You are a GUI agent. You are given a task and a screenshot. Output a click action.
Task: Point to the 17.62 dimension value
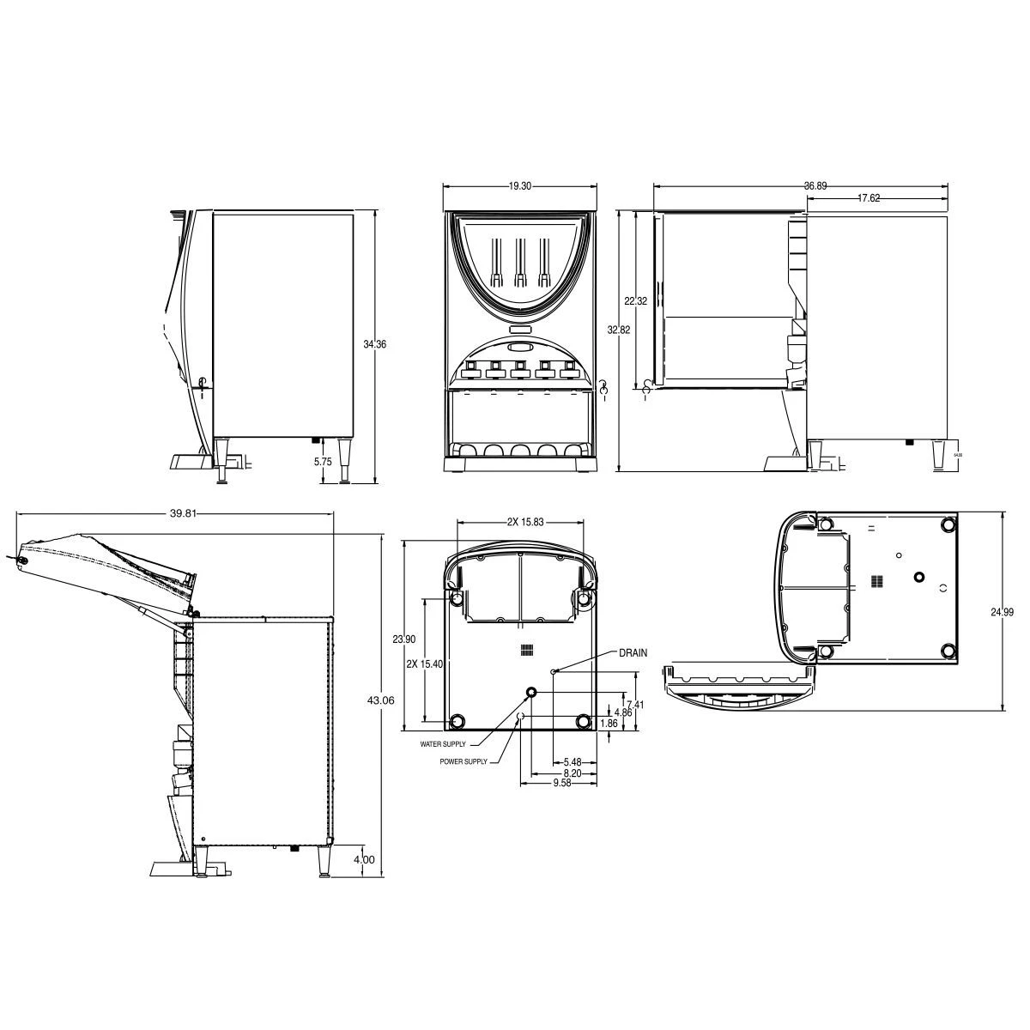point(869,197)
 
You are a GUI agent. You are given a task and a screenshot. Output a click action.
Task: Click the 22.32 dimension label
point(635,301)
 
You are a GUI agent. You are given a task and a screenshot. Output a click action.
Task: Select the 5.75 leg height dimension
point(323,461)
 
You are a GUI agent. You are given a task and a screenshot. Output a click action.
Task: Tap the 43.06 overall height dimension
point(381,700)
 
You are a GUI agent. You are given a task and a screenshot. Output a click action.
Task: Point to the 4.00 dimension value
point(364,858)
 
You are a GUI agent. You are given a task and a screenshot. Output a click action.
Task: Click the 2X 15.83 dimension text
point(526,521)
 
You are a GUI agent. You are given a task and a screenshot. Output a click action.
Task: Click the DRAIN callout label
point(632,653)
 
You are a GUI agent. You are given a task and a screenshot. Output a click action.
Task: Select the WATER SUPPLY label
point(443,744)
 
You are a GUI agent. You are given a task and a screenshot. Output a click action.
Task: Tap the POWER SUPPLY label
point(463,761)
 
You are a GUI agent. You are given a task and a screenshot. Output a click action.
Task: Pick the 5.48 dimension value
point(572,761)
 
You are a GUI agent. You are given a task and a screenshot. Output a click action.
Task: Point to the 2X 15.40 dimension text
point(426,663)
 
